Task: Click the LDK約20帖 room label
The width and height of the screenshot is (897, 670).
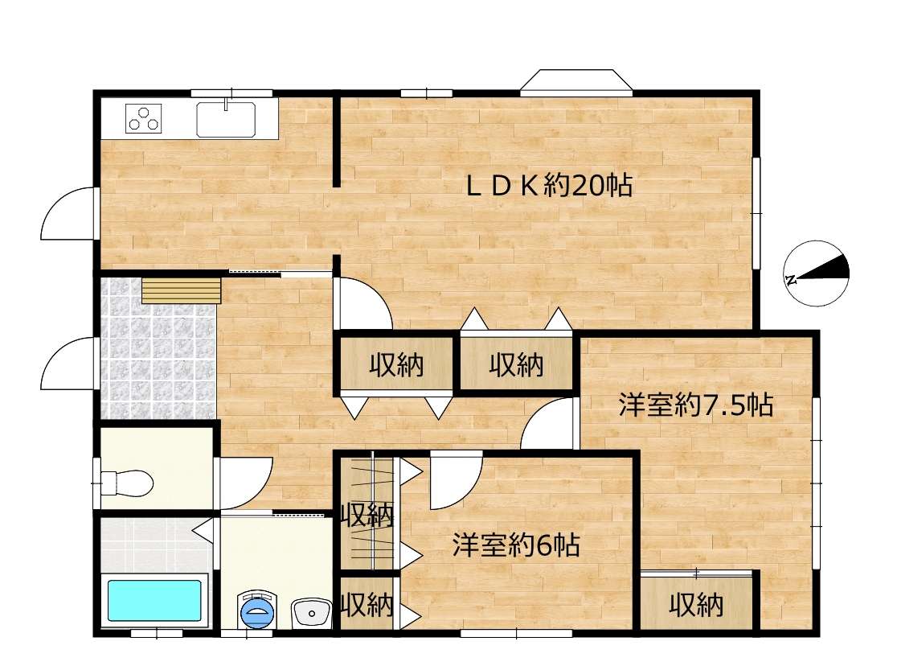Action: [549, 186]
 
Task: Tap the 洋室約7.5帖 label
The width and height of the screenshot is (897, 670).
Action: [695, 405]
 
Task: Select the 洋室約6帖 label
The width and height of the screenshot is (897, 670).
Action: [516, 545]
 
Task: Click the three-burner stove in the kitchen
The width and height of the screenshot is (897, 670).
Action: [144, 119]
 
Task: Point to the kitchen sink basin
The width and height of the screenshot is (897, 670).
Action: [226, 119]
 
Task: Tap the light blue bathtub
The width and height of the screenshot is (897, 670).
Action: [154, 601]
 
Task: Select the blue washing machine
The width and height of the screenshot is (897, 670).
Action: [257, 610]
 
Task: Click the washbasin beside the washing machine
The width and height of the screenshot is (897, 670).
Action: [311, 614]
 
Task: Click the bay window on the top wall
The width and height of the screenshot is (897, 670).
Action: [576, 80]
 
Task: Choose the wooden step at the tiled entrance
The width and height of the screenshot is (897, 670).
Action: [182, 290]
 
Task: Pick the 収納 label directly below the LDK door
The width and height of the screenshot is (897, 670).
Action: [396, 364]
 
